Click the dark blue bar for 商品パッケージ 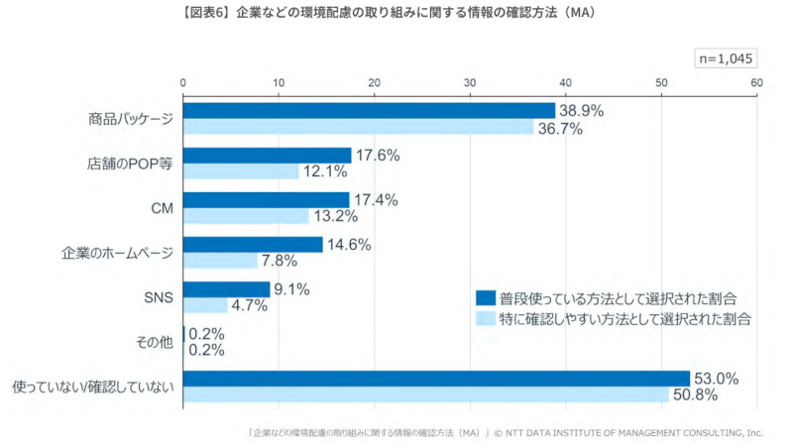[369, 110]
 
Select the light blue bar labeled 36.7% [358, 127]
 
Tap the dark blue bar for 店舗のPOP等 [268, 155]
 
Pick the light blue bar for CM [246, 216]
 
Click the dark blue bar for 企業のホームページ [253, 244]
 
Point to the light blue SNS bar [205, 305]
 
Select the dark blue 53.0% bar [436, 378]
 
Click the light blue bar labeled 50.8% [426, 394]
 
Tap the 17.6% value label [378, 155]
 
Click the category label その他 [154, 342]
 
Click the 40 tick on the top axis [566, 81]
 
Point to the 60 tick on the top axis [756, 81]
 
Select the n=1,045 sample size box [727, 58]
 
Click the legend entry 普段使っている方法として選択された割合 [616, 297]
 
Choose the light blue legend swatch [485, 318]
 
